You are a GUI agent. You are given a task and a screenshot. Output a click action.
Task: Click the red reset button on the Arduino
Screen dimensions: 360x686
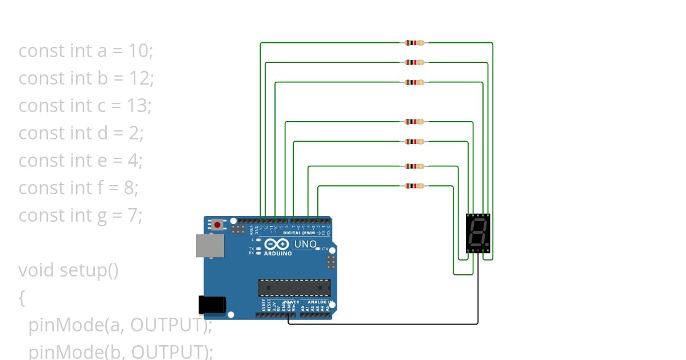click(x=217, y=225)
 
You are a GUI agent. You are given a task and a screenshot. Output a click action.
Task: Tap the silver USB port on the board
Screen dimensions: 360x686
click(x=210, y=246)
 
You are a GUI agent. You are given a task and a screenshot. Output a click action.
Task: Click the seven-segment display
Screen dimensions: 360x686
click(x=477, y=233)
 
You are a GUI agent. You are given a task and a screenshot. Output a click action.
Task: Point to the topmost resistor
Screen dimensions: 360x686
click(x=414, y=42)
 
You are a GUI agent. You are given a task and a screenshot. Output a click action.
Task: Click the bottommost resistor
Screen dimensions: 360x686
click(x=414, y=186)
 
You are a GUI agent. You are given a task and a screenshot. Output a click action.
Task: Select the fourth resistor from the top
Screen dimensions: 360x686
click(x=414, y=122)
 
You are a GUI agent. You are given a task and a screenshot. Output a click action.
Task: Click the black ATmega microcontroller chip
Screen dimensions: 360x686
click(x=294, y=287)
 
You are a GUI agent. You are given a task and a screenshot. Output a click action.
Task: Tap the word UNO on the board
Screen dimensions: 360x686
click(x=305, y=244)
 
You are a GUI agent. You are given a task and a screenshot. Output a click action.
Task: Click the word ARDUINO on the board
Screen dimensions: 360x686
click(x=278, y=254)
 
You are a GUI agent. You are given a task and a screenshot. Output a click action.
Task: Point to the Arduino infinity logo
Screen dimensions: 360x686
click(x=278, y=244)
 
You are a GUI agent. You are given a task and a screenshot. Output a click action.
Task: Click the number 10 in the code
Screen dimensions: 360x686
click(x=138, y=51)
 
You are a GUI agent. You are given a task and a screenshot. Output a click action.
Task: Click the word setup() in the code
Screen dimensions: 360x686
click(x=89, y=270)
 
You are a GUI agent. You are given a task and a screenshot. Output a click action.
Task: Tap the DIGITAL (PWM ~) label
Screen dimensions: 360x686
click(x=302, y=233)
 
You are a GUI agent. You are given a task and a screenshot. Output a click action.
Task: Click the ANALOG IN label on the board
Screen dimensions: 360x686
click(x=320, y=302)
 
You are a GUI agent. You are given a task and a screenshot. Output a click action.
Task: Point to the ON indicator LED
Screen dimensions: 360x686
click(x=325, y=249)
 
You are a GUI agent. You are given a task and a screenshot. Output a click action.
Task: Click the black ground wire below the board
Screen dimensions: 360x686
click(x=383, y=323)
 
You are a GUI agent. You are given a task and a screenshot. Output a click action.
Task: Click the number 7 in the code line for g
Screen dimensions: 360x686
click(x=133, y=215)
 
